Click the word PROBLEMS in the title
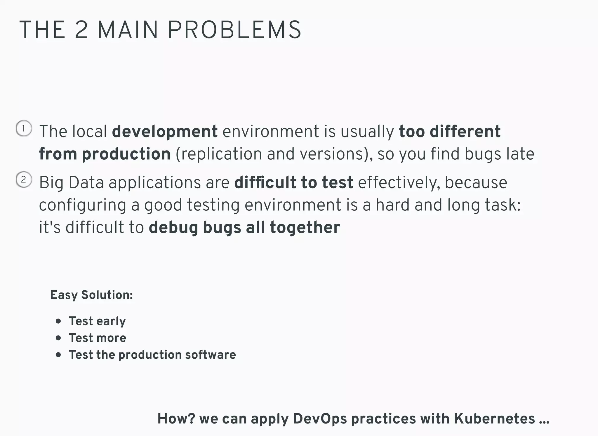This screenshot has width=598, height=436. [x=234, y=30]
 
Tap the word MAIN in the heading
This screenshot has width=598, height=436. [x=128, y=30]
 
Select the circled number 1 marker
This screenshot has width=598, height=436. [x=24, y=128]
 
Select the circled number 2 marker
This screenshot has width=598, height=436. [x=24, y=179]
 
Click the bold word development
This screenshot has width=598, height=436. [x=165, y=132]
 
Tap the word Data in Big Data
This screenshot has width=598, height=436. [x=86, y=183]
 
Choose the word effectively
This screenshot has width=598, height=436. [x=399, y=183]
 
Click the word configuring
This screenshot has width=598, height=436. [x=82, y=205]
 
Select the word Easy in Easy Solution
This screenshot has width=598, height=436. [x=64, y=295]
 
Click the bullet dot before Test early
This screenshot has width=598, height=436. [x=58, y=321]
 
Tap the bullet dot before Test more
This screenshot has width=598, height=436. [x=58, y=338]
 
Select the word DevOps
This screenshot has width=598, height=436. [x=320, y=419]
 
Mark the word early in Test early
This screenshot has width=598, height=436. [x=112, y=321]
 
